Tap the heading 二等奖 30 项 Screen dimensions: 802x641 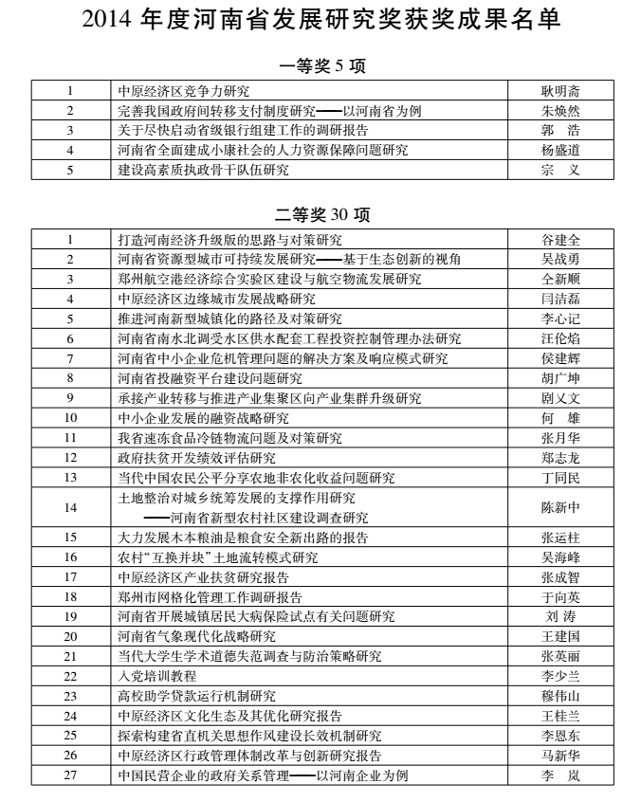(x=320, y=215)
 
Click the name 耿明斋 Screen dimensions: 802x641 (x=559, y=91)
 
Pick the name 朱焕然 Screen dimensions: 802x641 (x=559, y=111)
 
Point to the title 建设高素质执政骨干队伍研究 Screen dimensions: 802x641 (x=203, y=171)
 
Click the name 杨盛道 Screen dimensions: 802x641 (x=559, y=151)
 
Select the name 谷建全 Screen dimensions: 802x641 (x=559, y=240)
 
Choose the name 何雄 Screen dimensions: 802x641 (x=559, y=418)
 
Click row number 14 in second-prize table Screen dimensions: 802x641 (x=70, y=507)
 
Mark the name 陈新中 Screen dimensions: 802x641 (x=559, y=507)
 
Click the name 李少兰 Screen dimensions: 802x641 (x=559, y=676)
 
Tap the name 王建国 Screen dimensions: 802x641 (x=559, y=636)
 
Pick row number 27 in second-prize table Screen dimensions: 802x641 (x=70, y=775)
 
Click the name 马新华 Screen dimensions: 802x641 (x=559, y=756)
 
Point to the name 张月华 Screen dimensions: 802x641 (x=559, y=438)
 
